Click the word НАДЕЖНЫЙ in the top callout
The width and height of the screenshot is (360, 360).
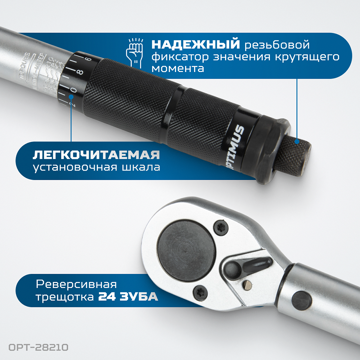coord(195,45)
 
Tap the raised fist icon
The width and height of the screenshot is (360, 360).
coord(135,51)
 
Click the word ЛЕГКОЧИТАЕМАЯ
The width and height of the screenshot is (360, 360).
coord(96,155)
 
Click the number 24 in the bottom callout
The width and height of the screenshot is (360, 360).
coord(107,297)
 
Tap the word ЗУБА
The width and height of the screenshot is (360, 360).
coord(139,297)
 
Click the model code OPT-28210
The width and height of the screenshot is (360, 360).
coord(36,348)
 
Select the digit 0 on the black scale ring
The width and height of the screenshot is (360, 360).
coord(74,89)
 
